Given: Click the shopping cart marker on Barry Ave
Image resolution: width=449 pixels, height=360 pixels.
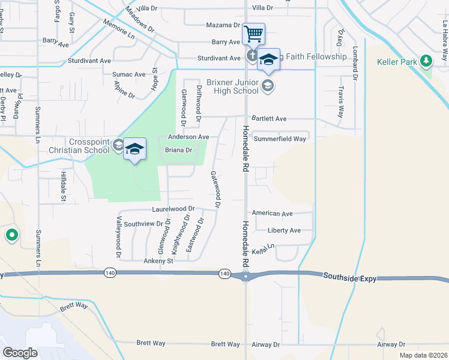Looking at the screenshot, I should (253, 34).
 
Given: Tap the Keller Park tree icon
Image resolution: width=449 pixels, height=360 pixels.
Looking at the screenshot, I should (426, 61).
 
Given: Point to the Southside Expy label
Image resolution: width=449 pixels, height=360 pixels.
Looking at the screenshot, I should (349, 277).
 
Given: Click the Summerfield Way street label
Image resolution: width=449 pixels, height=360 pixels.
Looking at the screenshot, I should (280, 139).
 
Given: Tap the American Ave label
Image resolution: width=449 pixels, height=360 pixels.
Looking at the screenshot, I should (272, 214).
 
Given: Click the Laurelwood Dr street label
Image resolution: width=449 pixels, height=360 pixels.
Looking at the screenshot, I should (173, 209).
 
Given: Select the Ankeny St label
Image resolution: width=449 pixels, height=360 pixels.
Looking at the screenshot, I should (158, 261).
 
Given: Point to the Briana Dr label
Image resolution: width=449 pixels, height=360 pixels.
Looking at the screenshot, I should (178, 150).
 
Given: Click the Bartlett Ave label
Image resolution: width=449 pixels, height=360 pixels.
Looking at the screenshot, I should (269, 119).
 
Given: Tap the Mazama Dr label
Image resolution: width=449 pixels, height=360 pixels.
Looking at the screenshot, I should (223, 25).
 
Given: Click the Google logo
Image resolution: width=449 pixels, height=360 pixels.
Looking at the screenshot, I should (20, 352).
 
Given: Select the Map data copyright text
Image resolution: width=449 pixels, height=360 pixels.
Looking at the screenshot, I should (423, 355).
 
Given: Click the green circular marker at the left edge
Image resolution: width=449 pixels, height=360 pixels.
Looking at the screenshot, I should (11, 235).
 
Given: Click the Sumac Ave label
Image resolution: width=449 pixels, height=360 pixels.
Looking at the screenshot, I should (129, 74).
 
